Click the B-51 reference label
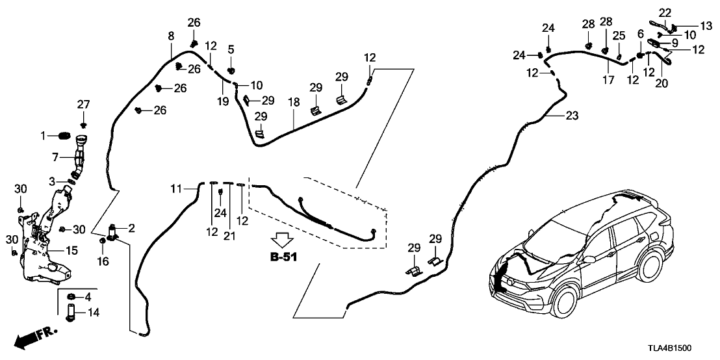[283, 257]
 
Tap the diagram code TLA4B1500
[686, 348]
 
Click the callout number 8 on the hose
[171, 36]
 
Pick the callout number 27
[83, 104]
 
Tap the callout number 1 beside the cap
[44, 135]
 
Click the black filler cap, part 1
[63, 135]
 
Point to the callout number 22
[664, 12]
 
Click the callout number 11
[174, 189]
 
